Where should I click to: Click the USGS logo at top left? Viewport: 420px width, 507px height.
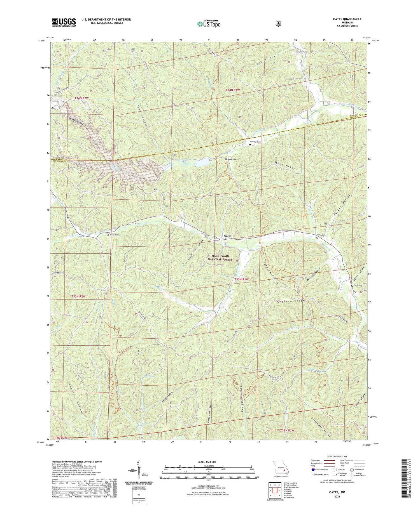tap(64, 22)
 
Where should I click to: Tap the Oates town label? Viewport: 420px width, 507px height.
tap(228, 236)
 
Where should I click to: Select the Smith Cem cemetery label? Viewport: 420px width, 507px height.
tap(114, 235)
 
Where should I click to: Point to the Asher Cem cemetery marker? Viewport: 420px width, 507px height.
tap(226, 159)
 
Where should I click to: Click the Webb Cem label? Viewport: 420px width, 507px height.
tap(358, 286)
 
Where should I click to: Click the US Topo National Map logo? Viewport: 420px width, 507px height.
tap(209, 24)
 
